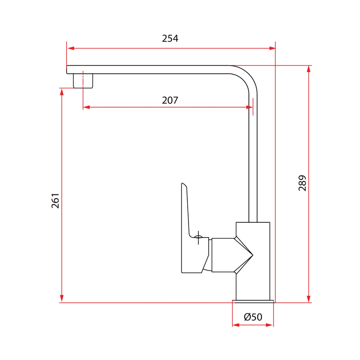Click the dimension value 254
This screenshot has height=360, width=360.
click(170, 39)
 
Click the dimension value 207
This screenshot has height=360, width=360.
click(170, 100)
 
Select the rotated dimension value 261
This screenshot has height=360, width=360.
click(55, 201)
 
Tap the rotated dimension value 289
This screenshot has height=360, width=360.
click(302, 183)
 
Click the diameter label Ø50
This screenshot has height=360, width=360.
click(253, 317)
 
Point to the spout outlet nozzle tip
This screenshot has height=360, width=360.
click(83, 81)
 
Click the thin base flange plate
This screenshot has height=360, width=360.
click(253, 301)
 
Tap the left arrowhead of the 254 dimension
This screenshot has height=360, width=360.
click(70, 48)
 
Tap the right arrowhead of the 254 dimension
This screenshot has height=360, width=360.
click(272, 48)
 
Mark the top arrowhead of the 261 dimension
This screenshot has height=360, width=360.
click(62, 91)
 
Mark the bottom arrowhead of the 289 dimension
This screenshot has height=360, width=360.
click(309, 298)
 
